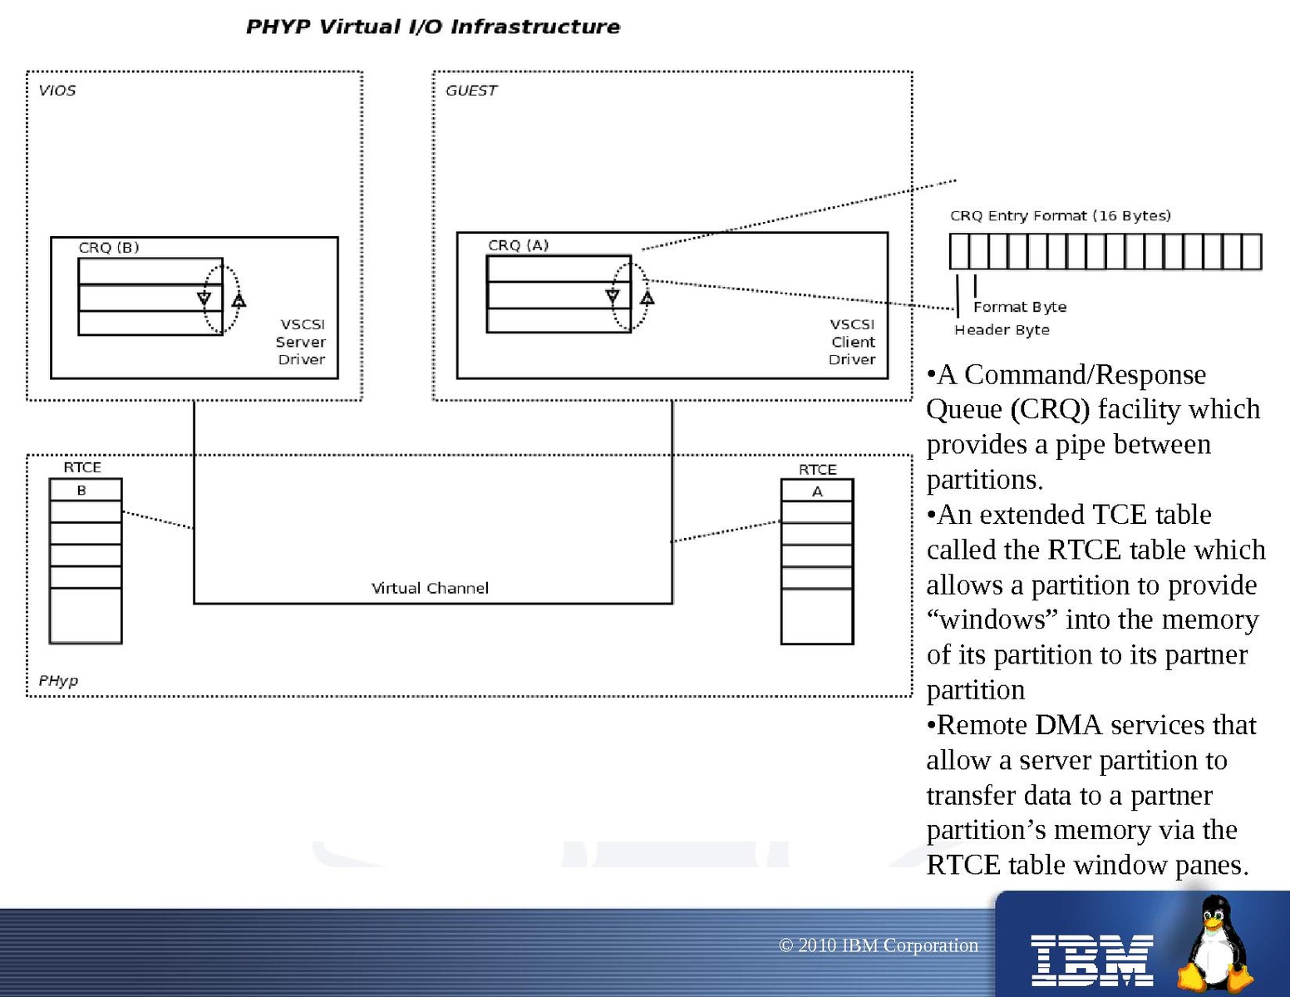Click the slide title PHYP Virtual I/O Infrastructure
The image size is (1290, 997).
click(x=432, y=27)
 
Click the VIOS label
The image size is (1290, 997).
click(x=57, y=90)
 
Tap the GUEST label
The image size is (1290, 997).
click(x=471, y=90)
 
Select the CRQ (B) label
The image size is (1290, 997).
click(x=109, y=247)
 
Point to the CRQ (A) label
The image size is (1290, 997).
click(x=518, y=245)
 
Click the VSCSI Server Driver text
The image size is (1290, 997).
click(x=301, y=342)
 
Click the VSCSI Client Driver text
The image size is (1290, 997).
click(x=852, y=342)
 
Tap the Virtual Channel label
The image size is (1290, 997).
click(x=430, y=588)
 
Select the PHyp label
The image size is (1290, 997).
click(x=58, y=680)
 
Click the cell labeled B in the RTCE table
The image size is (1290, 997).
click(x=82, y=490)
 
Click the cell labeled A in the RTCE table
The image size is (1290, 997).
click(x=817, y=491)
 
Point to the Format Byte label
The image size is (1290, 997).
click(x=1020, y=307)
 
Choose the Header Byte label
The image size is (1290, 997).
click(x=1002, y=330)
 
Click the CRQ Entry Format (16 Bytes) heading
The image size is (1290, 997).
click(x=1061, y=215)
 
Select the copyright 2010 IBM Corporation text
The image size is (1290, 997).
click(x=879, y=945)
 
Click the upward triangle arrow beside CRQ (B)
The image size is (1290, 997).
click(x=239, y=300)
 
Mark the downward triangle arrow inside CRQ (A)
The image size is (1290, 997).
click(x=613, y=296)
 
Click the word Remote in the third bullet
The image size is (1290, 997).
click(x=982, y=725)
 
